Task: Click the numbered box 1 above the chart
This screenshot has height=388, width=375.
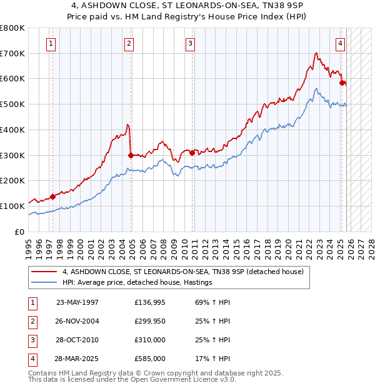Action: click(51, 44)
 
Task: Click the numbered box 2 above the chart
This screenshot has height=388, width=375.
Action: click(129, 44)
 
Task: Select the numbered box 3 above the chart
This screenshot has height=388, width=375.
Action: click(189, 44)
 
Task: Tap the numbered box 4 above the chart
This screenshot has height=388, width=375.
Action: click(340, 44)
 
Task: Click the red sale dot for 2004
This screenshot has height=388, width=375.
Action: click(131, 155)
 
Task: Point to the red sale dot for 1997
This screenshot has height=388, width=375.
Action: click(52, 197)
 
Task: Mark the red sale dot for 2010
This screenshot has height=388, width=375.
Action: click(192, 152)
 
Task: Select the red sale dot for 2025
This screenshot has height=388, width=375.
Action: click(342, 83)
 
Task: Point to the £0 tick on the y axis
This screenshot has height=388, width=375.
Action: click(19, 232)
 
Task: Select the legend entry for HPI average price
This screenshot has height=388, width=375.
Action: click(137, 282)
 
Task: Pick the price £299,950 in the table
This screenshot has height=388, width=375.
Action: click(150, 321)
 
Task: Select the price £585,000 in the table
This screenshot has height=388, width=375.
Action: click(150, 359)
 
